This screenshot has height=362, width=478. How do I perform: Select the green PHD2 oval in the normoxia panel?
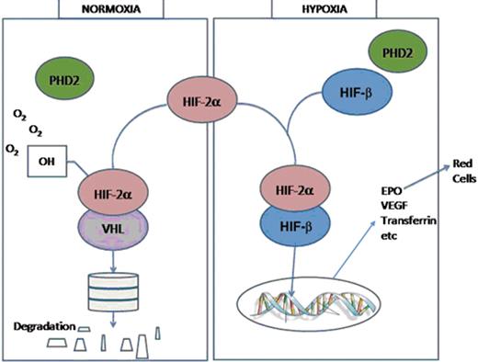click(63, 76)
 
